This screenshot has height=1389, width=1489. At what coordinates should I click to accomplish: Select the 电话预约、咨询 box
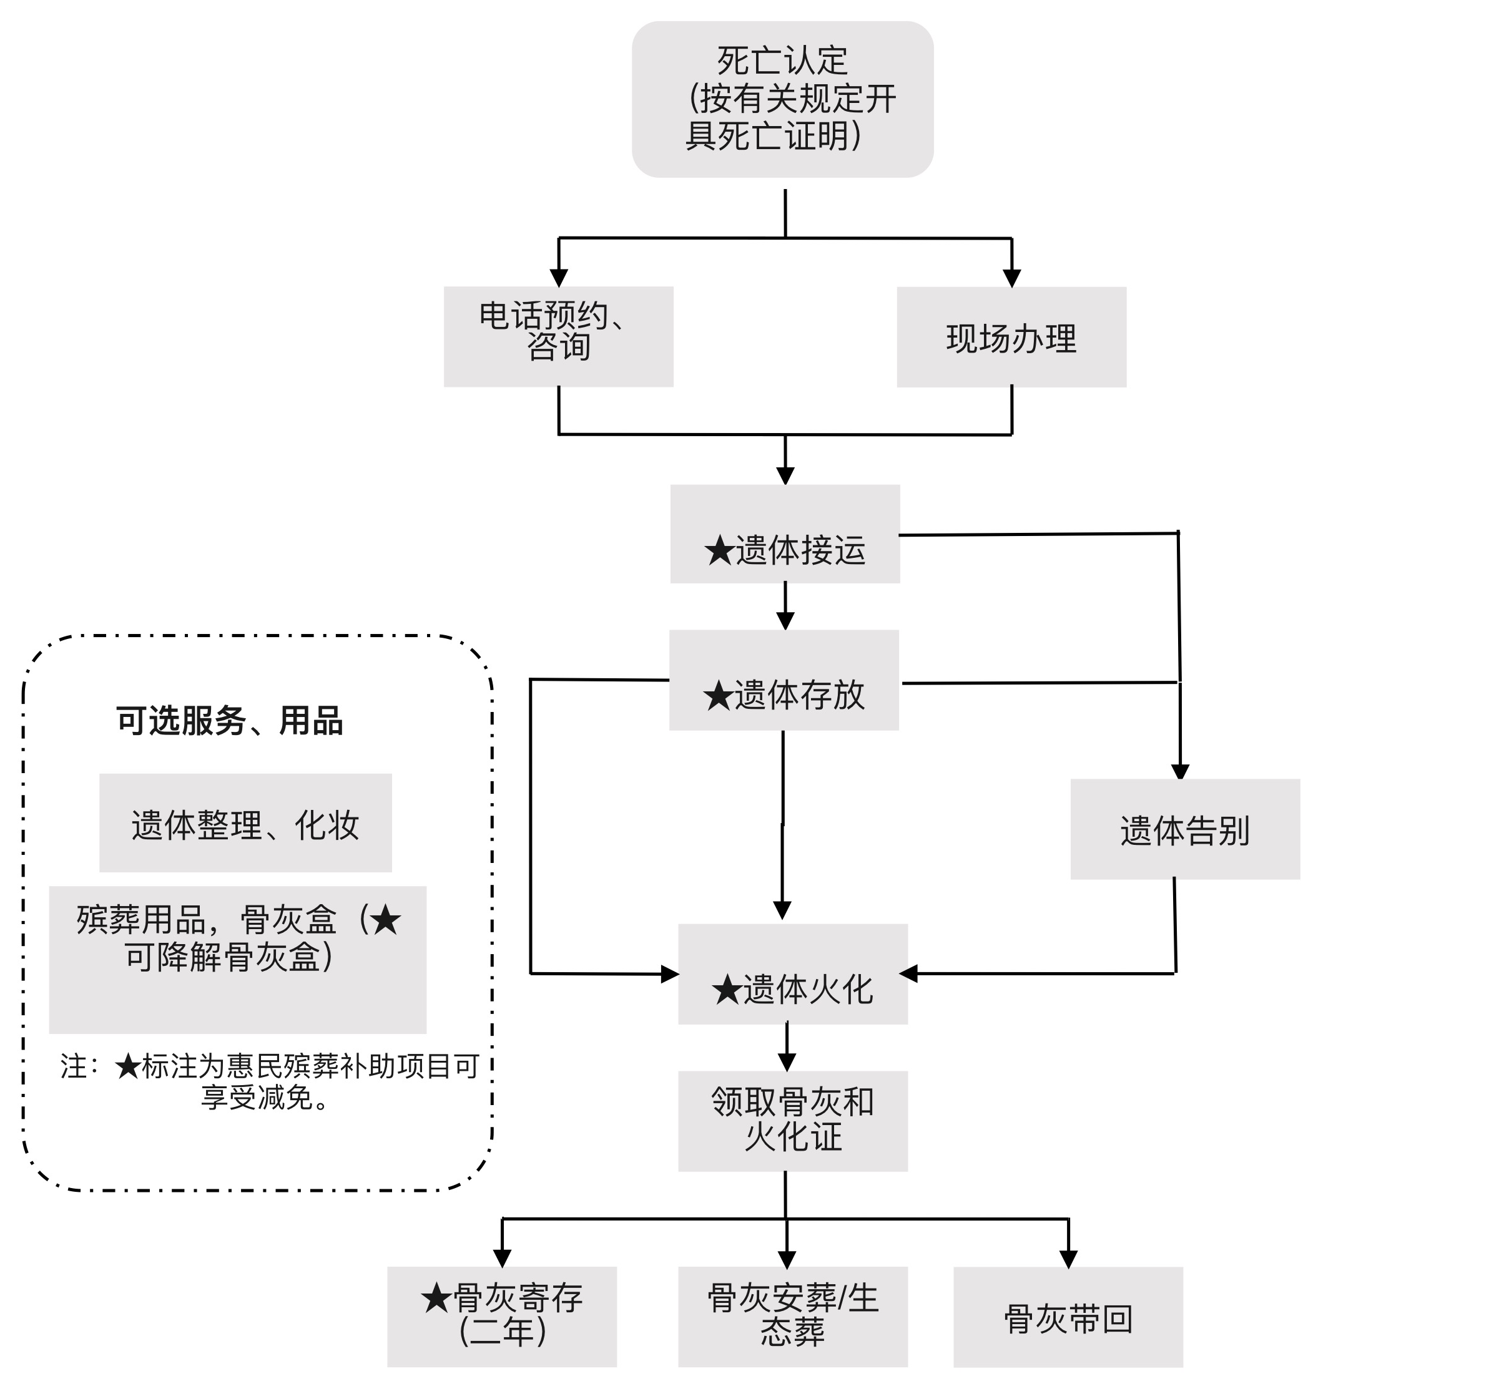558,336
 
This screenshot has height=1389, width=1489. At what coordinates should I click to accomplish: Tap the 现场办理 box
1011,337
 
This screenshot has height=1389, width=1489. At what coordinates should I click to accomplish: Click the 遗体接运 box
784,534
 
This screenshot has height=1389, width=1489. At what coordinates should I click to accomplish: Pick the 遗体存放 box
784,680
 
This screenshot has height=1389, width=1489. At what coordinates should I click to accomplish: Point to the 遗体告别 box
1185,829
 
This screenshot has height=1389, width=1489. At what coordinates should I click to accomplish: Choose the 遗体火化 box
792,974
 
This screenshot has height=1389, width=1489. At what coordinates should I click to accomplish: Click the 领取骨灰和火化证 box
792,1121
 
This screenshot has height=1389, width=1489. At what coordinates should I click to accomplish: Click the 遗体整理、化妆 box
246,823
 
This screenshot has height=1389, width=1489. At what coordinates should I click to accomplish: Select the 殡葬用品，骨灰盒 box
237,959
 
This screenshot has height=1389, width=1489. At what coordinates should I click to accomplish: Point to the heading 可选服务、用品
229,721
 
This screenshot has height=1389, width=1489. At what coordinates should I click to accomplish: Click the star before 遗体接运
719,551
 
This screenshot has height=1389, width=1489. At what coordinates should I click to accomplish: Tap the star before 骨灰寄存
436,1299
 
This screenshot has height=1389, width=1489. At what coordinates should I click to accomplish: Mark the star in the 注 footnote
128,1067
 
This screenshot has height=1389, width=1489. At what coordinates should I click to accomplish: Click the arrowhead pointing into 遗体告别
1181,772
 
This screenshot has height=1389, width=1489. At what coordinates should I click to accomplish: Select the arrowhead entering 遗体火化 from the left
670,974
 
